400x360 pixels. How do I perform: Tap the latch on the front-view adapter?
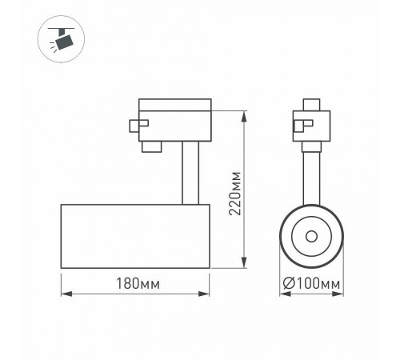coord(298,124)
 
